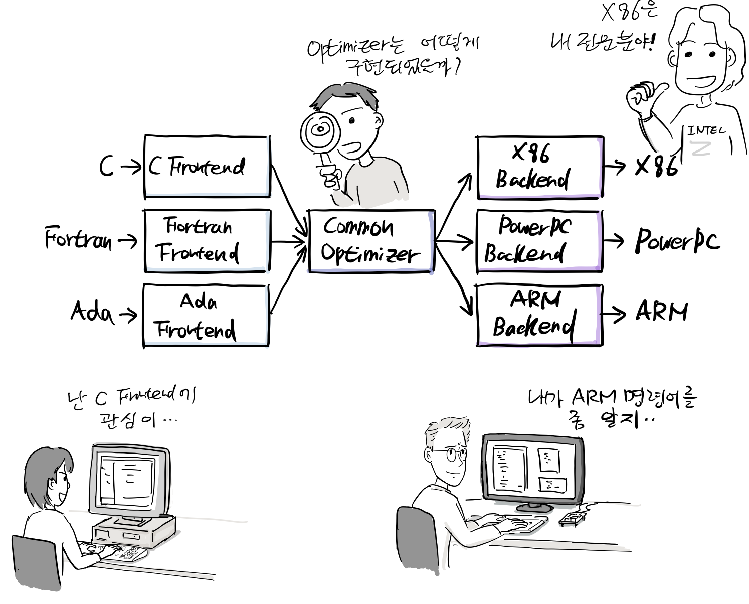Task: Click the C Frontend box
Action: click(x=207, y=167)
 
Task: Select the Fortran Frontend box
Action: click(x=207, y=241)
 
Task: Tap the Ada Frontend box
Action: click(x=206, y=316)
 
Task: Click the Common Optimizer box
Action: click(x=371, y=241)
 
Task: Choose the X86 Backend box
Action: click(x=539, y=167)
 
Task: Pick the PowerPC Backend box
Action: click(x=539, y=241)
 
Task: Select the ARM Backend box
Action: click(x=539, y=315)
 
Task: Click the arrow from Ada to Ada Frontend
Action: click(x=128, y=315)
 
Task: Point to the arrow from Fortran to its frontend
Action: click(x=127, y=241)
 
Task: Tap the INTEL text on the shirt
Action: click(x=706, y=131)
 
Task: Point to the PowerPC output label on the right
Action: click(x=677, y=240)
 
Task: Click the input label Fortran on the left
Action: click(x=78, y=238)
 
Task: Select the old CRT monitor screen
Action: click(x=126, y=480)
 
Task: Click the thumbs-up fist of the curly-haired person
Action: click(x=641, y=99)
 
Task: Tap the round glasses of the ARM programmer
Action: click(x=453, y=455)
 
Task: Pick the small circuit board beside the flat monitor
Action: click(x=573, y=518)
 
